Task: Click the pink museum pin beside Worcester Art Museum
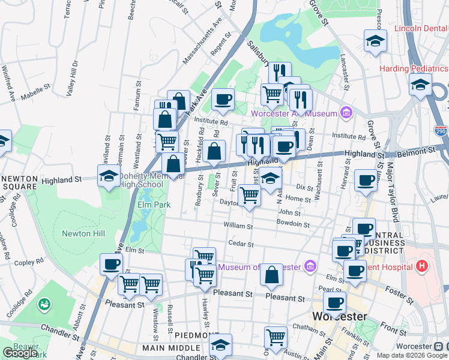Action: [x=346, y=112]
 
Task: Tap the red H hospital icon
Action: [x=423, y=265]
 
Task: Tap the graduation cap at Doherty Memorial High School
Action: [x=109, y=176]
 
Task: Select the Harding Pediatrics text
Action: [x=414, y=68]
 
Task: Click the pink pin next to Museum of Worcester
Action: [x=310, y=266]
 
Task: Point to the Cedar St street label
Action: [x=241, y=244]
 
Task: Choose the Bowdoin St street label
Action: [x=293, y=224]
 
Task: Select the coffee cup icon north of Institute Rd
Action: [x=223, y=98]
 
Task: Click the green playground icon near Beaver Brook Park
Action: [x=44, y=305]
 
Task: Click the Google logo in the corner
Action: [x=20, y=352]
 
